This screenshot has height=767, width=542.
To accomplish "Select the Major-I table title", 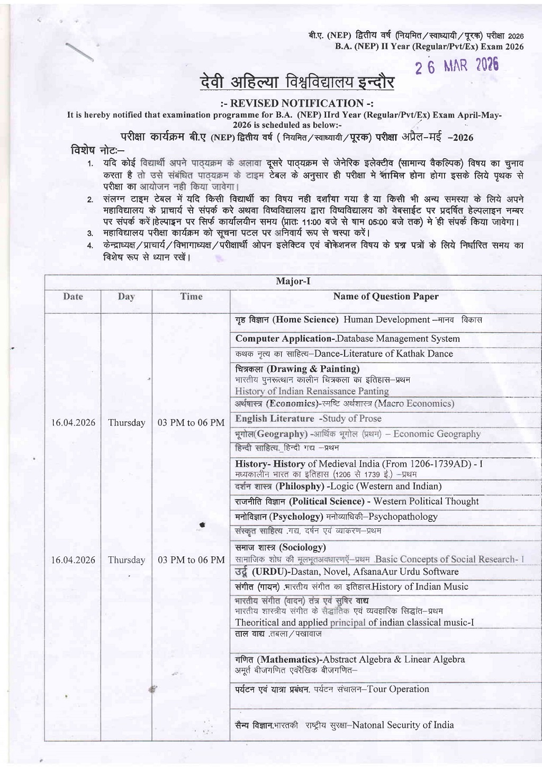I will click(x=293, y=281).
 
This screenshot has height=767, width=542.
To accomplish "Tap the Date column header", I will click(x=73, y=296).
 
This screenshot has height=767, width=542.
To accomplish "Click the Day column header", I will click(x=126, y=296).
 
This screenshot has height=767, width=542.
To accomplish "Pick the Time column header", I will click(x=191, y=296).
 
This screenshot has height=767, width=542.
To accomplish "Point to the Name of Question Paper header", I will click(x=385, y=296).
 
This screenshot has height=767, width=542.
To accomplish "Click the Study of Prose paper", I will click(x=350, y=419).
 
